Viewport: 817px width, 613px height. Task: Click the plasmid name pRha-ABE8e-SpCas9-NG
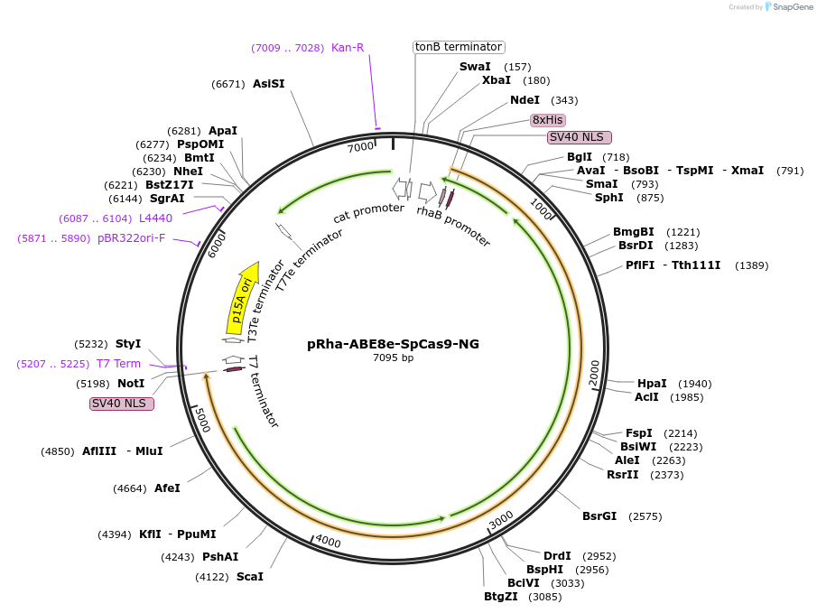(x=393, y=344)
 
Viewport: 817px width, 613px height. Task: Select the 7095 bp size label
(x=393, y=358)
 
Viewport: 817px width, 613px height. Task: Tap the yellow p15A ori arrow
(x=241, y=297)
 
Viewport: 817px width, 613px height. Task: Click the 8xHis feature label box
(x=548, y=120)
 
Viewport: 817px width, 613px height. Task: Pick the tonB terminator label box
(x=459, y=47)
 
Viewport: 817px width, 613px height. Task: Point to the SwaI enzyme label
(x=475, y=67)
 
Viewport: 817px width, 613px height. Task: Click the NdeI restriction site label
(x=525, y=100)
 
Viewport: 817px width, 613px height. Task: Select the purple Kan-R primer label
(x=348, y=48)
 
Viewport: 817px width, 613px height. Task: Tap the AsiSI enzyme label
(x=268, y=84)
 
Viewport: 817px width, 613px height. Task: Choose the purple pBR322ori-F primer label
(x=131, y=238)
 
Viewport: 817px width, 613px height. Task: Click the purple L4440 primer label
(x=155, y=218)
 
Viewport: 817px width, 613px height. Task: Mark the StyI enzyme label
(x=128, y=344)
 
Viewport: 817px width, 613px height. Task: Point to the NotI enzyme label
(x=131, y=384)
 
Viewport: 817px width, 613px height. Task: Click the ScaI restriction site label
(x=250, y=576)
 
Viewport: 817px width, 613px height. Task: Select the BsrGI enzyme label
(x=599, y=516)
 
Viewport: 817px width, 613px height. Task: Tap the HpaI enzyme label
(x=652, y=384)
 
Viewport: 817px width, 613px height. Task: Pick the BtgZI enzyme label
(x=501, y=596)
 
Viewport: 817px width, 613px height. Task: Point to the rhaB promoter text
(x=453, y=226)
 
